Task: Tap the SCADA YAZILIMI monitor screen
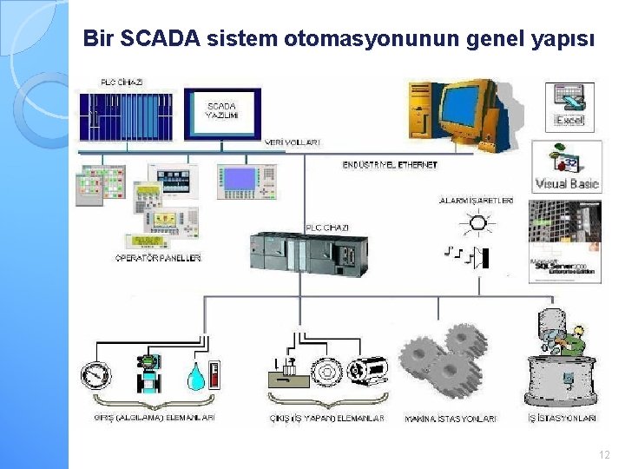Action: (221, 112)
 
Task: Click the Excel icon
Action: (570, 108)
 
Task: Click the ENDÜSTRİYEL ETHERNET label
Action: (390, 164)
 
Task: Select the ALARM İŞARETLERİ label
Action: (476, 201)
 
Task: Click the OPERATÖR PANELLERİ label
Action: (159, 258)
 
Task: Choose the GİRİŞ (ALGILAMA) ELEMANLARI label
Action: (155, 418)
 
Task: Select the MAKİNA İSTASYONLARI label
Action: (451, 419)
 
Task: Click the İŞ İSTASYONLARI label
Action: (562, 419)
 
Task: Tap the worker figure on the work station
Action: (569, 340)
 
